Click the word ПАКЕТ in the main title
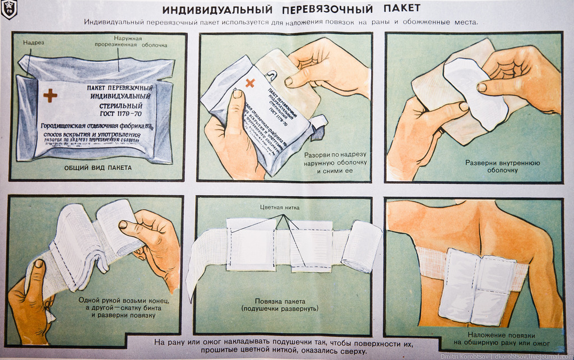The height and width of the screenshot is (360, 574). (402, 9)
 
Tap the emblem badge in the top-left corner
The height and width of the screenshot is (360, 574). (9, 10)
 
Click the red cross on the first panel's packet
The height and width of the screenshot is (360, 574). (50, 95)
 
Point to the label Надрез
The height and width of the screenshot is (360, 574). (34, 43)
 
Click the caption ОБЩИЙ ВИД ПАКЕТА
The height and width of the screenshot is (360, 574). (98, 168)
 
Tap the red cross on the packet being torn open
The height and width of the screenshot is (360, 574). (249, 83)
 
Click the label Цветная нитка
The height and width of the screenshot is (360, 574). (280, 207)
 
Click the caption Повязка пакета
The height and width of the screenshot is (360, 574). (280, 304)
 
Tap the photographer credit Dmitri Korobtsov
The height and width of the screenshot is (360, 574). (465, 356)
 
